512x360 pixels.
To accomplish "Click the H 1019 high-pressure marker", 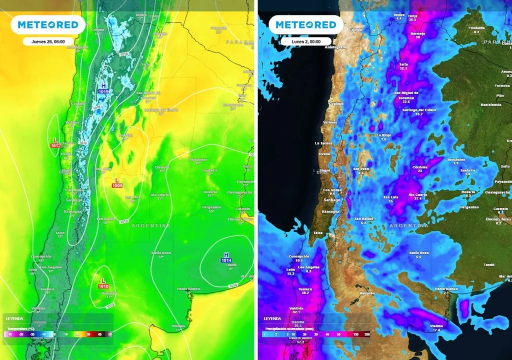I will point(103,89).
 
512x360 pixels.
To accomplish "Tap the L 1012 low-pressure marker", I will point(55,142).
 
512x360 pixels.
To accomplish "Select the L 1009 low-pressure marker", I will point(117,182).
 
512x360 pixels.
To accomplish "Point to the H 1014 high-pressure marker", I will point(226,257).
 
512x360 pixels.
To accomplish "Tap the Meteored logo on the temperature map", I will point(48,24).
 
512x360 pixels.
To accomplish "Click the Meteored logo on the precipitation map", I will point(305,24).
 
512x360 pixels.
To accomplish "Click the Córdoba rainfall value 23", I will point(420,171).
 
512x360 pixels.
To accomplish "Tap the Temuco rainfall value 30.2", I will point(305,292).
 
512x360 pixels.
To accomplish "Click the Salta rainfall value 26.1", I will point(403,68).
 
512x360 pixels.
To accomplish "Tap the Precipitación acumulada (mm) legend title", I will point(288,328).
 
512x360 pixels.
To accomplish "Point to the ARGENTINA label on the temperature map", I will point(150,226).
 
